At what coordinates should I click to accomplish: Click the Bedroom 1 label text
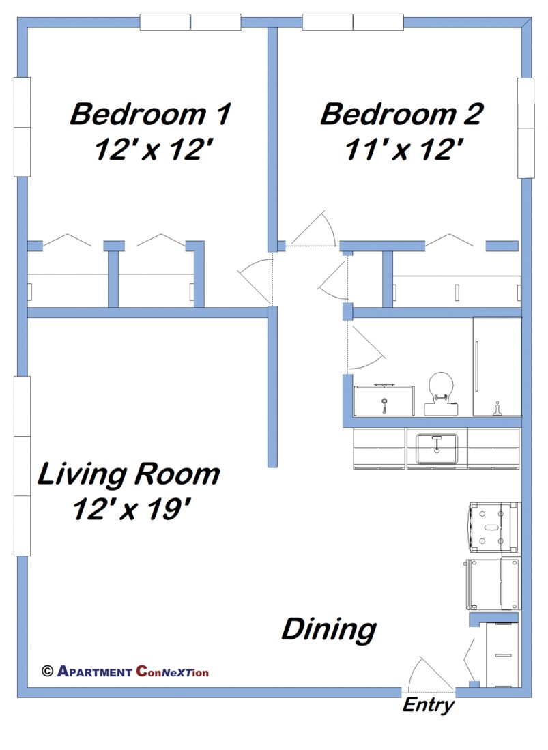pos(150,114)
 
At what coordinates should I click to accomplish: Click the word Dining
pos(329,629)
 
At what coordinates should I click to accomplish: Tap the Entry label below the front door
pos(428,705)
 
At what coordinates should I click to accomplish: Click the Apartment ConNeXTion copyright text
pos(126,672)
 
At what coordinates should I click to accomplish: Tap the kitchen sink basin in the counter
pos(436,448)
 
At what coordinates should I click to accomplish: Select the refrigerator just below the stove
pos(493,583)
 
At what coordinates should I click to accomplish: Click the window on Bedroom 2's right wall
pos(525,128)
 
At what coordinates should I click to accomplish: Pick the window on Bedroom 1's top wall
pos(190,22)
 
